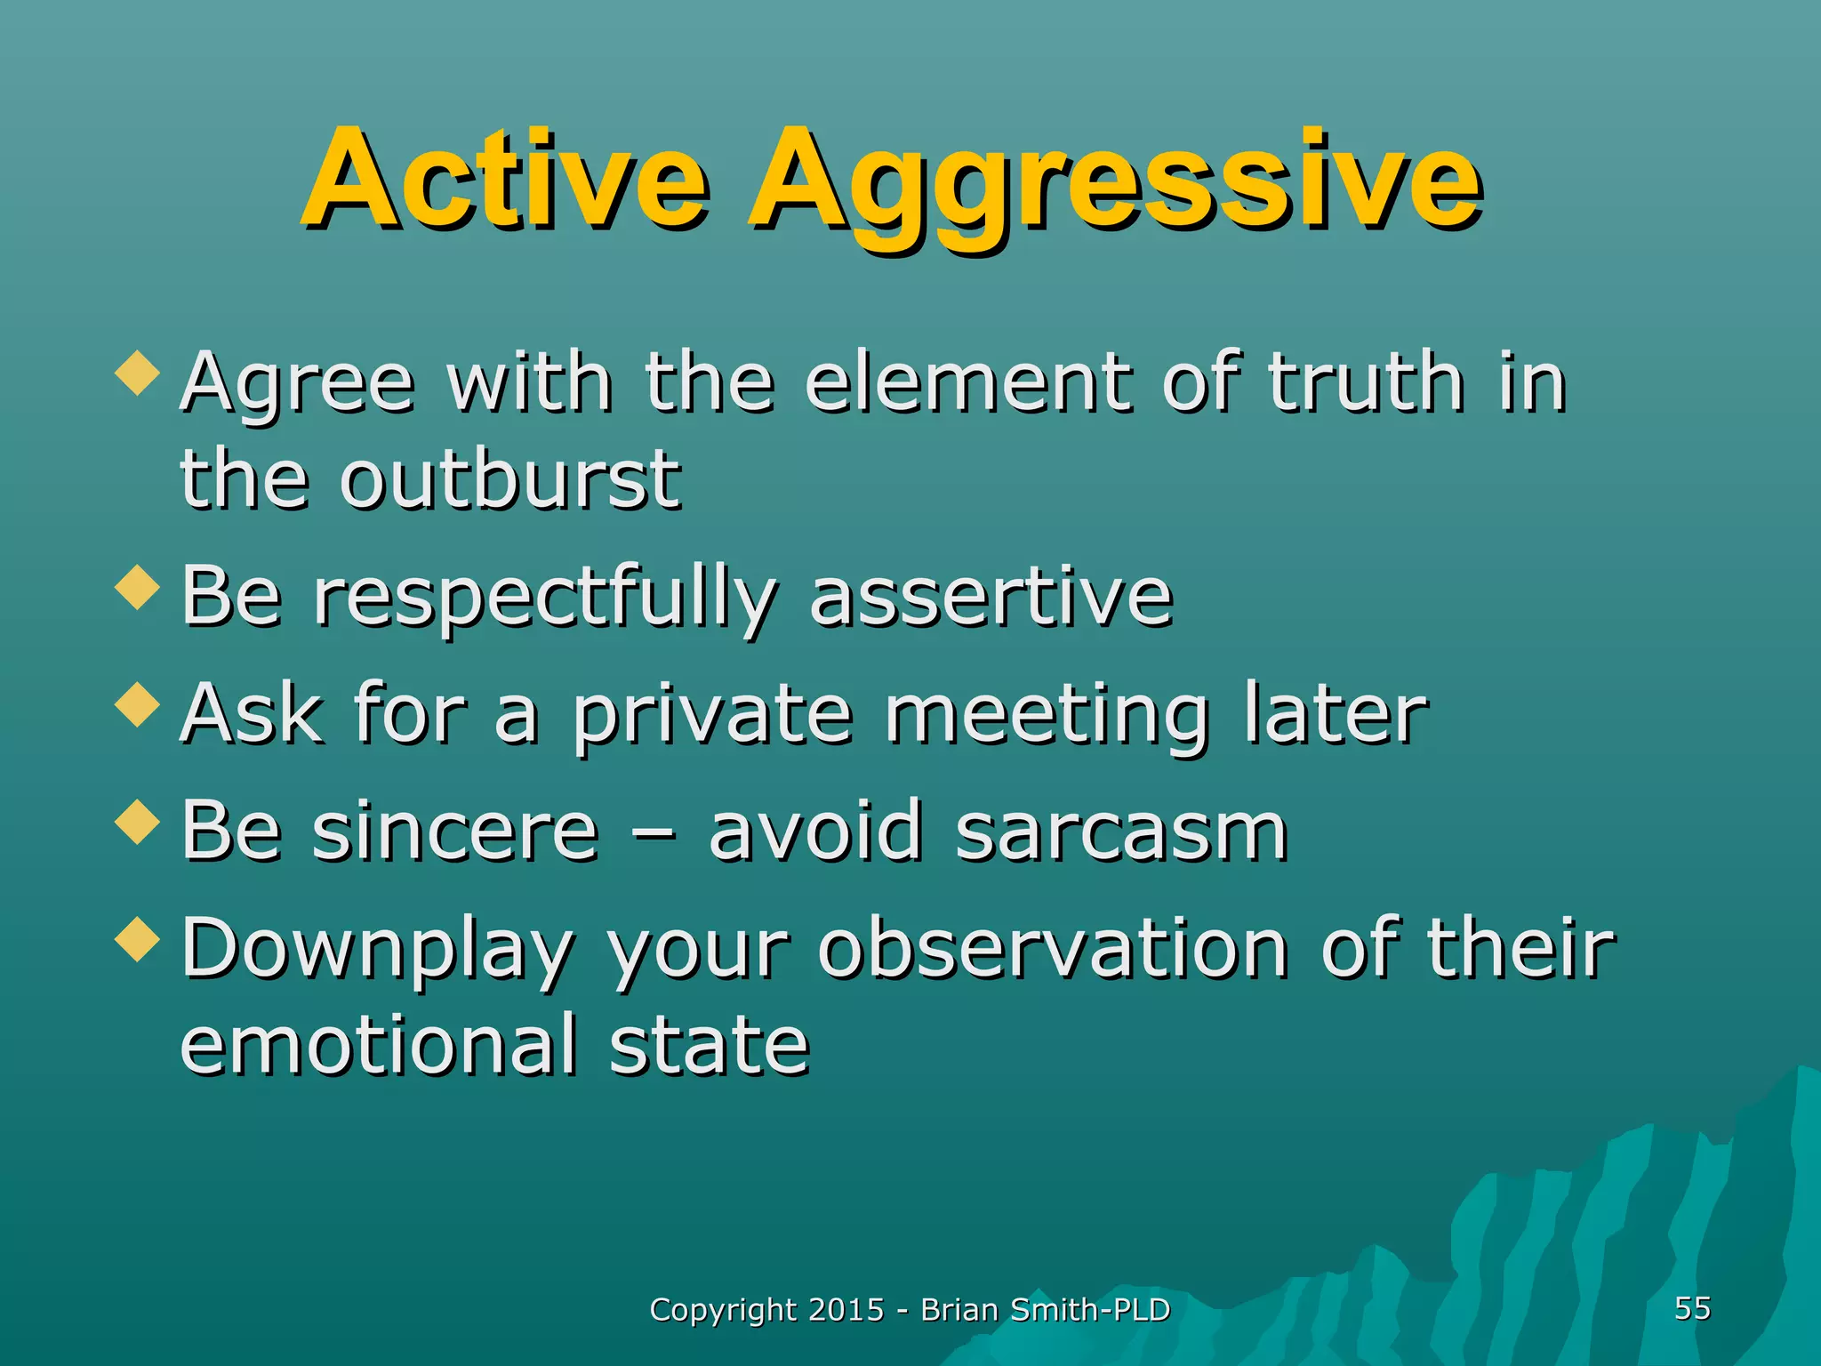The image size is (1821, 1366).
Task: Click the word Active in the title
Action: click(505, 180)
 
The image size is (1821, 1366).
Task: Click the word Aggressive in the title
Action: click(1115, 187)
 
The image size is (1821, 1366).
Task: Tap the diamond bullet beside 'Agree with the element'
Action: click(138, 373)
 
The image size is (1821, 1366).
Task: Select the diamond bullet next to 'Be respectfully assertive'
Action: click(138, 588)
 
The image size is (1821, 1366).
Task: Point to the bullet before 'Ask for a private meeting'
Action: click(138, 705)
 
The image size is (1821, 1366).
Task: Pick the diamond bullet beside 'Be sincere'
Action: click(138, 822)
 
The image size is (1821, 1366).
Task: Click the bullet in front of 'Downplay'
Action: click(138, 939)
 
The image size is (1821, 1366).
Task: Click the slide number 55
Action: click(1692, 1308)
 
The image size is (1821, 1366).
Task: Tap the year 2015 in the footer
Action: click(846, 1310)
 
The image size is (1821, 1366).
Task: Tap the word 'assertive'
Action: click(991, 597)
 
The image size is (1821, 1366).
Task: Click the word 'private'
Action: click(711, 717)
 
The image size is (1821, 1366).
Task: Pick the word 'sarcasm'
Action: click(1121, 831)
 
